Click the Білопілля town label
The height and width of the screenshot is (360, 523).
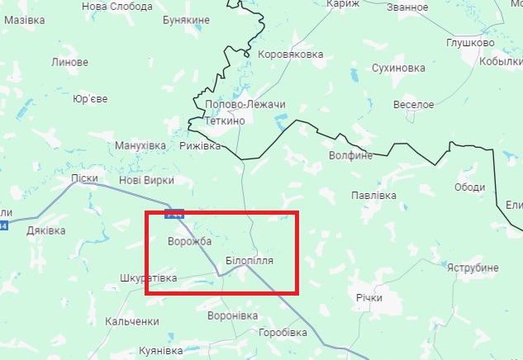249,260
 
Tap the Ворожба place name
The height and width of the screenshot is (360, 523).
189,241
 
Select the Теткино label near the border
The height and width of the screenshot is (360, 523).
225,121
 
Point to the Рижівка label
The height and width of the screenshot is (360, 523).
200,145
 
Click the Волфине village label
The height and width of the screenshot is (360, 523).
351,154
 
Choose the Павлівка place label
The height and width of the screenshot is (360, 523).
373,196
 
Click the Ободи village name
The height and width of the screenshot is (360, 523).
469,187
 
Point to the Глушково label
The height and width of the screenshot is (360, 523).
470,43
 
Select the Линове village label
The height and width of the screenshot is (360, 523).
69,62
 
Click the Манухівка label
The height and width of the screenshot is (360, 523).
140,145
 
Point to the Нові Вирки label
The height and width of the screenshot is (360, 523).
146,180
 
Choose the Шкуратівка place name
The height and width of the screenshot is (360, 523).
148,278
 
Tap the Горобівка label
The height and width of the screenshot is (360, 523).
283,332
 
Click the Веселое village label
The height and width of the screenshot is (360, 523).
413,105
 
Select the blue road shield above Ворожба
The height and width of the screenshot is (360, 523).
174,215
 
